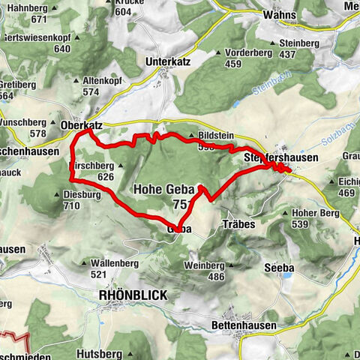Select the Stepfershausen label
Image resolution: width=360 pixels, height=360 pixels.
(281, 157)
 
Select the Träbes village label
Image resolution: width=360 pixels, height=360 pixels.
(239, 223)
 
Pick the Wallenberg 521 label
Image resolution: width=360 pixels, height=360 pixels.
(112, 268)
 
